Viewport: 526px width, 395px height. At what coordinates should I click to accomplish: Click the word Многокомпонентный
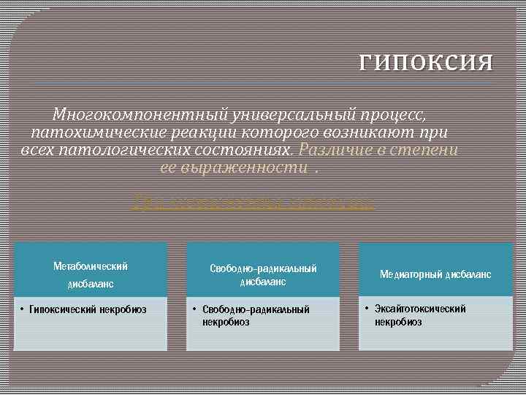click(x=140, y=116)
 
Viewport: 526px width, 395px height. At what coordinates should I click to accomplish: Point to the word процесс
click(x=395, y=116)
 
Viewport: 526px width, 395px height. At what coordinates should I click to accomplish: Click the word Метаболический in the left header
click(x=91, y=266)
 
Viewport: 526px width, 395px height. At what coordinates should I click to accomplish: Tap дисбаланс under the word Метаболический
click(x=91, y=282)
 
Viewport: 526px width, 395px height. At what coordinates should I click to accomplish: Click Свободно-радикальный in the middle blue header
click(x=263, y=268)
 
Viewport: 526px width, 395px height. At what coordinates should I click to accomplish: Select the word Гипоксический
click(x=63, y=309)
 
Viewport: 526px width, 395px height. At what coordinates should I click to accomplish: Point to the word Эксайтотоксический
click(x=420, y=309)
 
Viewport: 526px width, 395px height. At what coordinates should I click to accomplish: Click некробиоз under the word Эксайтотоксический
click(x=398, y=322)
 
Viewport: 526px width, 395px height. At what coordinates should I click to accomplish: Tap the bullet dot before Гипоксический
click(x=23, y=309)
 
